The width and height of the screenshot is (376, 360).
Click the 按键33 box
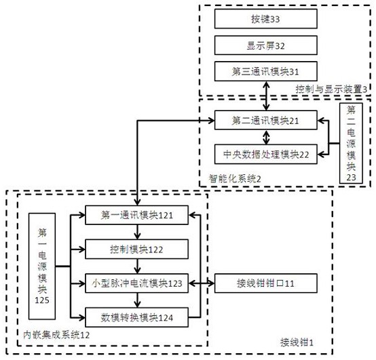tap(265, 19)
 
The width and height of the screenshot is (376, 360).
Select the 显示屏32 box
tap(265, 45)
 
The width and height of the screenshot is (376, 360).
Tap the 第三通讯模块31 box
tap(265, 71)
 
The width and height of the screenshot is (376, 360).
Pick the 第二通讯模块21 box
tap(265, 120)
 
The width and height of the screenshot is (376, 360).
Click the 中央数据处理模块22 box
tap(265, 154)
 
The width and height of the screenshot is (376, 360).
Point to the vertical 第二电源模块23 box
tap(351, 143)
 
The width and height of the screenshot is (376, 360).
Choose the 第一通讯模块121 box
tap(136, 215)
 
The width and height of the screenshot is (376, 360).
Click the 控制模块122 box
tap(136, 249)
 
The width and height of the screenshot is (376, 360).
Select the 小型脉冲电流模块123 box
tap(136, 283)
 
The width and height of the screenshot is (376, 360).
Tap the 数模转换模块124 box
tap(136, 317)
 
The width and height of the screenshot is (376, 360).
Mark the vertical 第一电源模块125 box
tap(42, 266)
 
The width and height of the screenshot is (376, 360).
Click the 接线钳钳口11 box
tap(265, 283)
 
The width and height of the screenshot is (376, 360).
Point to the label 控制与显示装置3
tap(331, 89)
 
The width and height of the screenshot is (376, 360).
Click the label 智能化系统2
tap(235, 179)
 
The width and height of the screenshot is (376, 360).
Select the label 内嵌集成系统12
tap(56, 335)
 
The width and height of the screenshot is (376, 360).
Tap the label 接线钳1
tap(297, 342)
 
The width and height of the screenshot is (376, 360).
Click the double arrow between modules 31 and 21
tap(266, 96)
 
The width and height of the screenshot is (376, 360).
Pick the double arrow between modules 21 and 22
tap(266, 137)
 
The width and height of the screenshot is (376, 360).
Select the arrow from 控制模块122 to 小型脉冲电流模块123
tap(137, 266)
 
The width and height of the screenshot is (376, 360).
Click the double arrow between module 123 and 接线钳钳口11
tap(202, 283)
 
